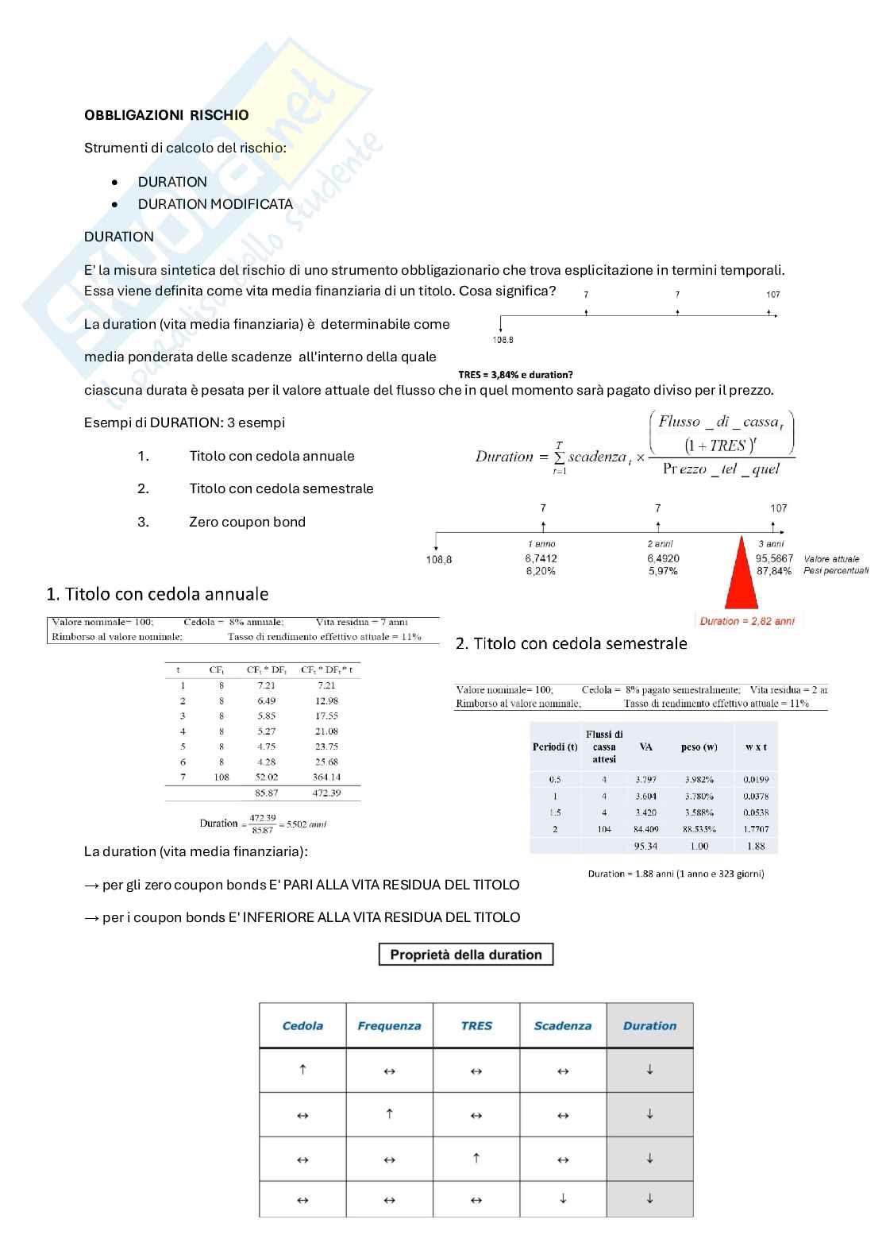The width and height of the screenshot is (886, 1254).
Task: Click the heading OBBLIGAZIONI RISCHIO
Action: point(166,115)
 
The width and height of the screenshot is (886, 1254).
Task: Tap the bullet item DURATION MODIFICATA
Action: point(215,204)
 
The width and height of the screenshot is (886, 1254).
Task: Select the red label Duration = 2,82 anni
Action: point(746,621)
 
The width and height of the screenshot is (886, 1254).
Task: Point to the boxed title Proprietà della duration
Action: point(466,955)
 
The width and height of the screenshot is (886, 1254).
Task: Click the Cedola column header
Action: point(302,1025)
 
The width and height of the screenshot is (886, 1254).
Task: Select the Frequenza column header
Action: point(390,1025)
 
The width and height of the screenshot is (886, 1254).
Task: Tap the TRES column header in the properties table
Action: point(476,1025)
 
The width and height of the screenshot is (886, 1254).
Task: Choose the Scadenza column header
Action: point(563,1025)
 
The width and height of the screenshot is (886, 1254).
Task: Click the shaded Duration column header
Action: point(649,1025)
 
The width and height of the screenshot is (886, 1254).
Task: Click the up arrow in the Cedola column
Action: point(302,1069)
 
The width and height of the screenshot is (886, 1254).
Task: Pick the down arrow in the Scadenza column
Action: point(563,1198)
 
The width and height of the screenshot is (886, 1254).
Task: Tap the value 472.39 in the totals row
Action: point(327,793)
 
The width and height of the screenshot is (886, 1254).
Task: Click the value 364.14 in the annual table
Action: point(327,777)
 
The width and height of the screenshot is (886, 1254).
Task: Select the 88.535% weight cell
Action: point(699,829)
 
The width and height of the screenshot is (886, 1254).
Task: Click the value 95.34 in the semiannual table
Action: point(645,846)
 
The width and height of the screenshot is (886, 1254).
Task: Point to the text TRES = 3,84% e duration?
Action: point(515,375)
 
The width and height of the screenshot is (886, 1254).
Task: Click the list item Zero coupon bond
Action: point(248,522)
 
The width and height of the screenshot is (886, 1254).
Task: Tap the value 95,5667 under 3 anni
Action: point(774,558)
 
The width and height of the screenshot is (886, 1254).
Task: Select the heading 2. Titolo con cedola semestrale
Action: point(572,644)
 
